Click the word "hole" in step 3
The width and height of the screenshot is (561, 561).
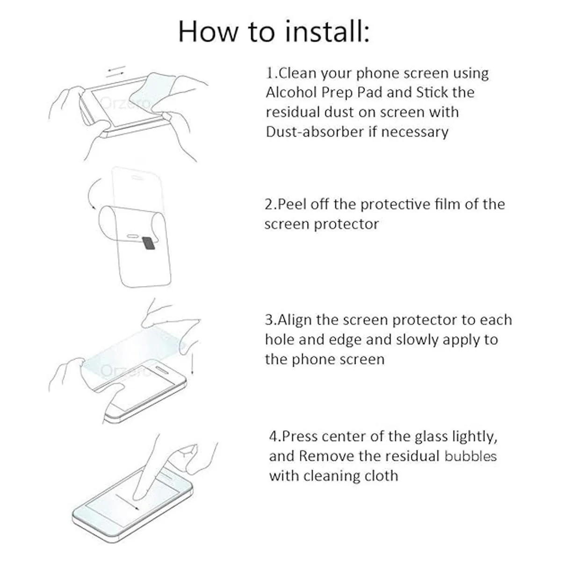tap(280, 340)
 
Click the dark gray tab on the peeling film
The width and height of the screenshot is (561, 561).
tap(148, 244)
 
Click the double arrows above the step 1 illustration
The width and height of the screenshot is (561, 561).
tap(116, 72)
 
